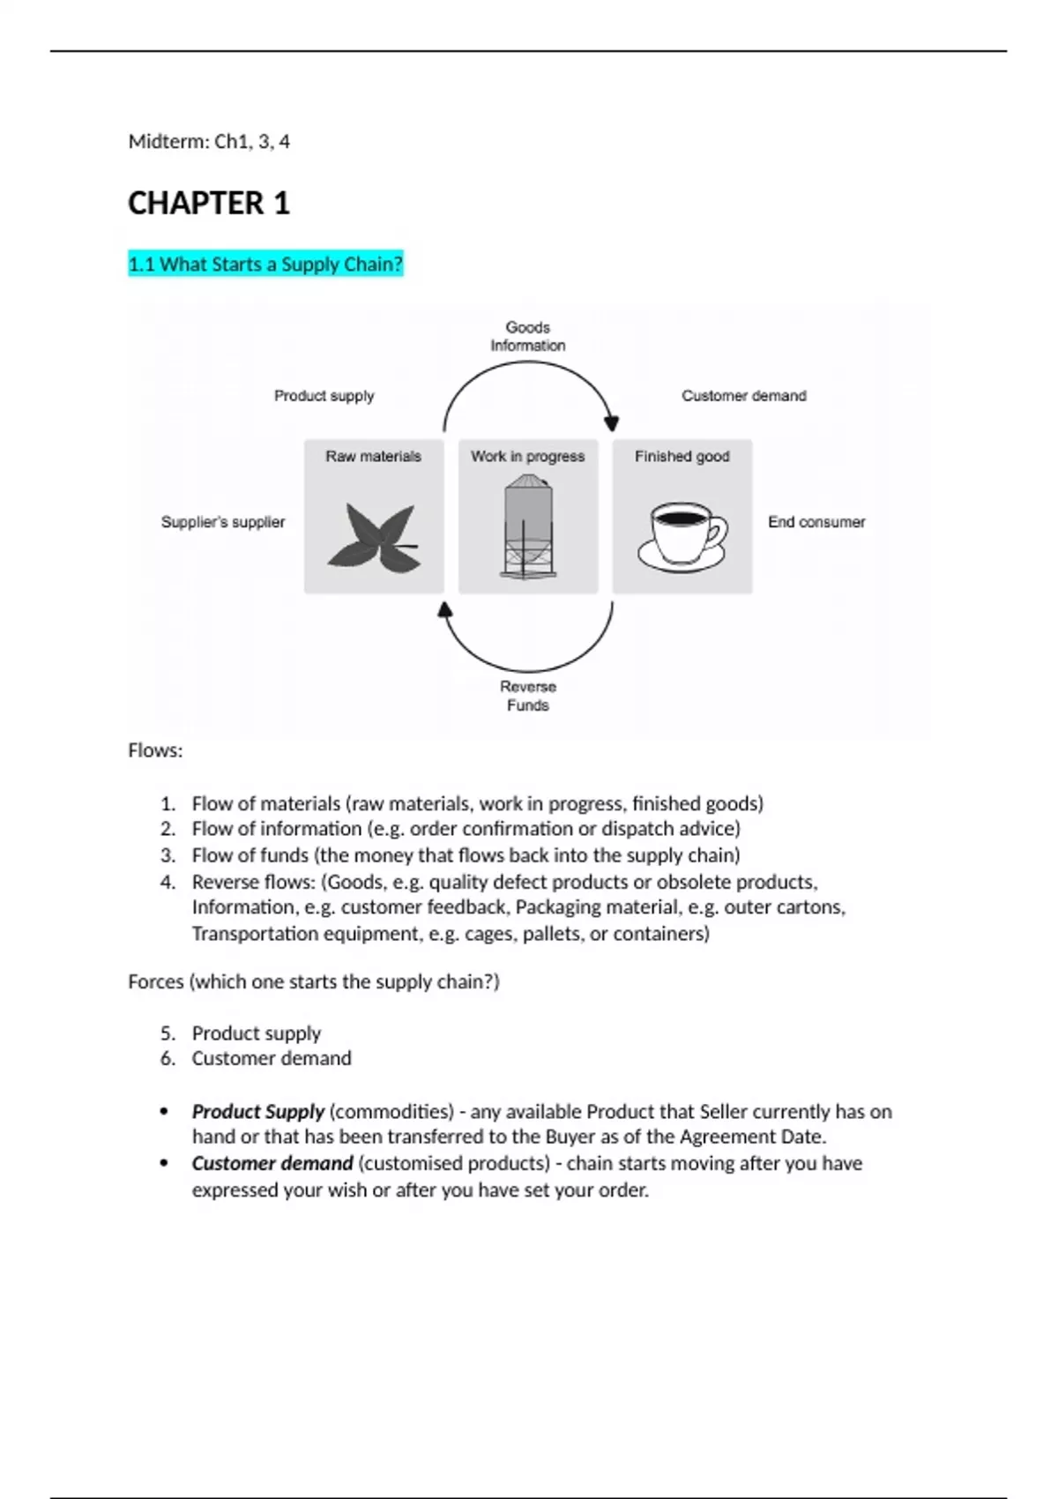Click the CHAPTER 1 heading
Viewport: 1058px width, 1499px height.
click(x=209, y=204)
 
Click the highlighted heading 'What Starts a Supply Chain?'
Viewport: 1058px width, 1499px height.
click(x=265, y=264)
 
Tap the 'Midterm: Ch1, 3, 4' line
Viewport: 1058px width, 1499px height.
click(x=209, y=141)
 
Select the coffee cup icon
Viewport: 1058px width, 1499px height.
click(x=682, y=535)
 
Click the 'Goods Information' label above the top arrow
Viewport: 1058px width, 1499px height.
click(x=528, y=336)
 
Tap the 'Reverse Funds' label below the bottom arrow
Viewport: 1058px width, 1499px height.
click(x=528, y=696)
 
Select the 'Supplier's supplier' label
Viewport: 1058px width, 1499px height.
click(x=223, y=522)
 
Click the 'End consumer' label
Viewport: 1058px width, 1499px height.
click(x=816, y=522)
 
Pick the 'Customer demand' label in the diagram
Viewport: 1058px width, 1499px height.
click(x=744, y=396)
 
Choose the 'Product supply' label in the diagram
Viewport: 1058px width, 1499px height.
click(x=324, y=396)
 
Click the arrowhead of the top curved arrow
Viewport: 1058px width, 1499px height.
click(x=612, y=423)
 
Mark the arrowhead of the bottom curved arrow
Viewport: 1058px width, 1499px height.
click(x=445, y=609)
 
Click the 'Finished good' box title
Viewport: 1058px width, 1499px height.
click(x=682, y=456)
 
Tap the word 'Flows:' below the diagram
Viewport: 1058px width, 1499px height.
click(x=155, y=750)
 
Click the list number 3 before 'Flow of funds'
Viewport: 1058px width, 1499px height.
click(x=168, y=855)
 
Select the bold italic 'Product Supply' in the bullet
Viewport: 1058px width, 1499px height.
click(x=257, y=1111)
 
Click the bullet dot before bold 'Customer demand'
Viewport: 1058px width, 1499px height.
click(x=164, y=1163)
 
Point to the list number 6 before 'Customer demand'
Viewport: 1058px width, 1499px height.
click(x=168, y=1058)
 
